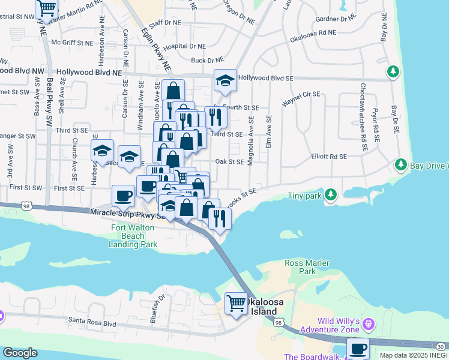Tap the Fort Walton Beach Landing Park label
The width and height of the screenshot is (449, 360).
pos(133,236)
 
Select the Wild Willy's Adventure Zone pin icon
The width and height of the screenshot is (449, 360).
pos(368,325)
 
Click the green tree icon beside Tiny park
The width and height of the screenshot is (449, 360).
pos(330,194)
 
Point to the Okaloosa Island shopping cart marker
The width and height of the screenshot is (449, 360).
pos(235,303)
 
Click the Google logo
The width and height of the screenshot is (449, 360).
pos(20,353)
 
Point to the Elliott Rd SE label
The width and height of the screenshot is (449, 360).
pos(329,157)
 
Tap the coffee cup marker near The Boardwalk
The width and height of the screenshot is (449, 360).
pos(358,347)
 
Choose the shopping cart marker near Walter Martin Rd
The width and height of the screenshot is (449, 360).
pos(46,8)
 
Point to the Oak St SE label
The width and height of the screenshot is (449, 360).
pos(229,161)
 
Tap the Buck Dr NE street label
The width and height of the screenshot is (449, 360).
pos(207,60)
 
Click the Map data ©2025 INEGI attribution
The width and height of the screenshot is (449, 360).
pos(413,355)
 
